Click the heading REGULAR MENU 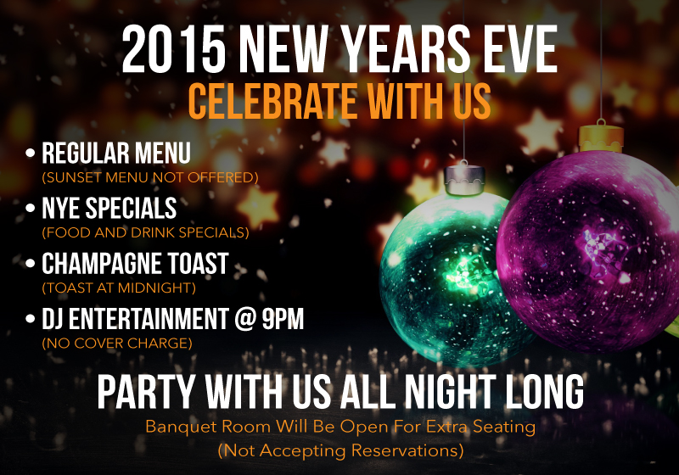(x=116, y=154)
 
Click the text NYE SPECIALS (x=109, y=208)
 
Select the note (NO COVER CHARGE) (x=117, y=343)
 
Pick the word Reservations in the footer (x=407, y=449)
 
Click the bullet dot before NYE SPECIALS (x=31, y=209)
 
